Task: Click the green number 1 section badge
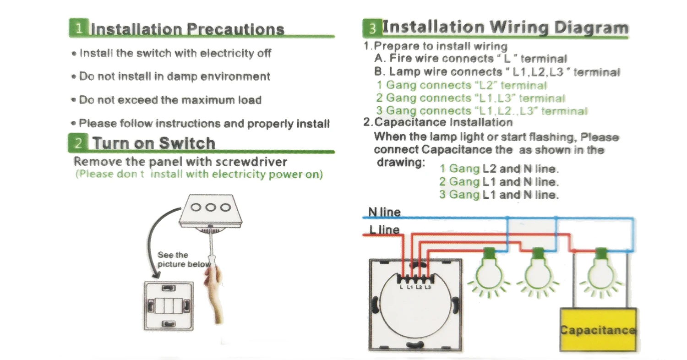pyautogui.click(x=79, y=28)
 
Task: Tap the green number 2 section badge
pyautogui.click(x=78, y=142)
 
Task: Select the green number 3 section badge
pyautogui.click(x=372, y=29)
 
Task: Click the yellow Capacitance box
pyautogui.click(x=598, y=330)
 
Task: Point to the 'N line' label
pyautogui.click(x=384, y=212)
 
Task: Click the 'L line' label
pyautogui.click(x=384, y=229)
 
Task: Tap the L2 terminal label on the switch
pyautogui.click(x=419, y=287)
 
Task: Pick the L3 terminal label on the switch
pyautogui.click(x=427, y=287)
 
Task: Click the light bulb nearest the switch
pyautogui.click(x=489, y=273)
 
